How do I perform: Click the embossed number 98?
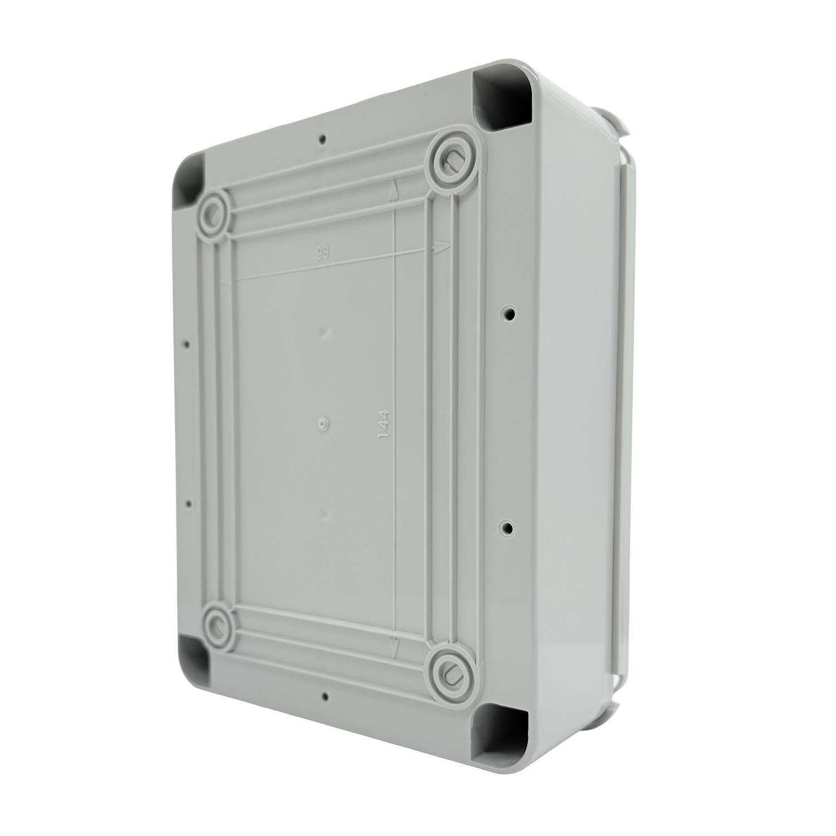[322, 253]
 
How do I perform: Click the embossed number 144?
[383, 426]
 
